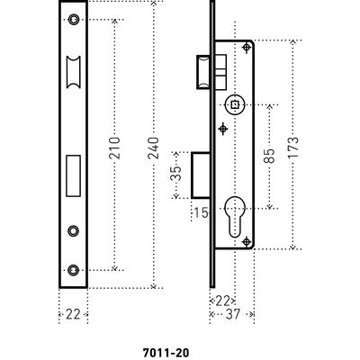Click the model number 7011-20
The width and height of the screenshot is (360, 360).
[166, 353]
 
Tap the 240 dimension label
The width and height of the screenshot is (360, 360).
[153, 148]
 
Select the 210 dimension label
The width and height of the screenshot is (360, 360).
[114, 148]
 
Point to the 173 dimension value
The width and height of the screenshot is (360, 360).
[293, 148]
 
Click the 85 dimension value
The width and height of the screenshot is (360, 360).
[269, 156]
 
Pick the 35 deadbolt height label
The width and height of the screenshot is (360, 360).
[176, 174]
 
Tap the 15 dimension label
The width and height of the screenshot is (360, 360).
[201, 212]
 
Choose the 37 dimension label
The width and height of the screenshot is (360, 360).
[233, 314]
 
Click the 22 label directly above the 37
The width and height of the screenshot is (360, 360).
[223, 301]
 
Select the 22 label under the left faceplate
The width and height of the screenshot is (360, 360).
[73, 314]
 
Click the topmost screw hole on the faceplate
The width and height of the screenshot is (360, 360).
[73, 20]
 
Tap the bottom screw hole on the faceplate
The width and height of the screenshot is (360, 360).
[73, 270]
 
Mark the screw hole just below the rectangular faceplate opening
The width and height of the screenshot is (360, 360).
[73, 230]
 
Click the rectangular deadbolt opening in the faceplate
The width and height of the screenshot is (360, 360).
[73, 175]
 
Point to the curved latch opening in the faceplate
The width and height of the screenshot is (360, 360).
[73, 72]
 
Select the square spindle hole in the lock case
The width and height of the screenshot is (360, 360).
[235, 104]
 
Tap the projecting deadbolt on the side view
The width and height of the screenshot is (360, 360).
[201, 175]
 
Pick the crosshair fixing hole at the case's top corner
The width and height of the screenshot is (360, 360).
[247, 48]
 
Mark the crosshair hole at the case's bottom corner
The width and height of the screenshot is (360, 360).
[247, 241]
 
